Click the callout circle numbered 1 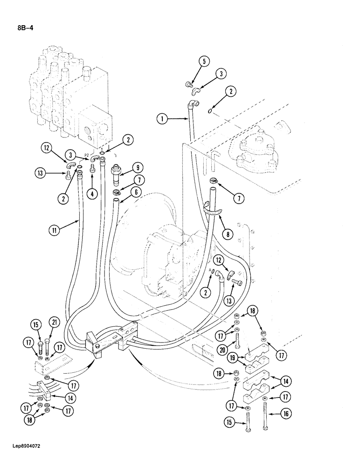161,120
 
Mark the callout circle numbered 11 55,229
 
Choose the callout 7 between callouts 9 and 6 137,180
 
